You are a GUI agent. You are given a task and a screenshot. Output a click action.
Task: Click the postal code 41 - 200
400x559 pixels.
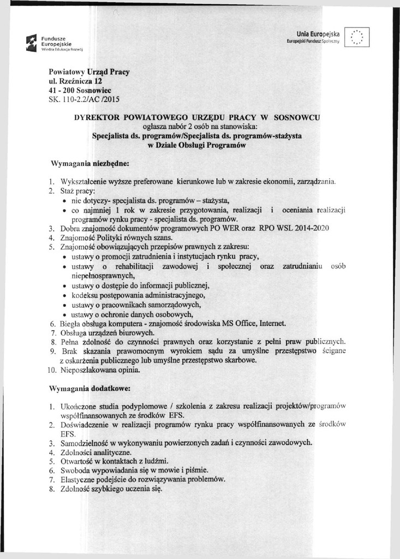(61, 90)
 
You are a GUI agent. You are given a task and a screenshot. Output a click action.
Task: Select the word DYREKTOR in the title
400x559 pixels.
(98, 117)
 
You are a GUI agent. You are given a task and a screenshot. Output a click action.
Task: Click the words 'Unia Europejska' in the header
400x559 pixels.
(318, 34)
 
